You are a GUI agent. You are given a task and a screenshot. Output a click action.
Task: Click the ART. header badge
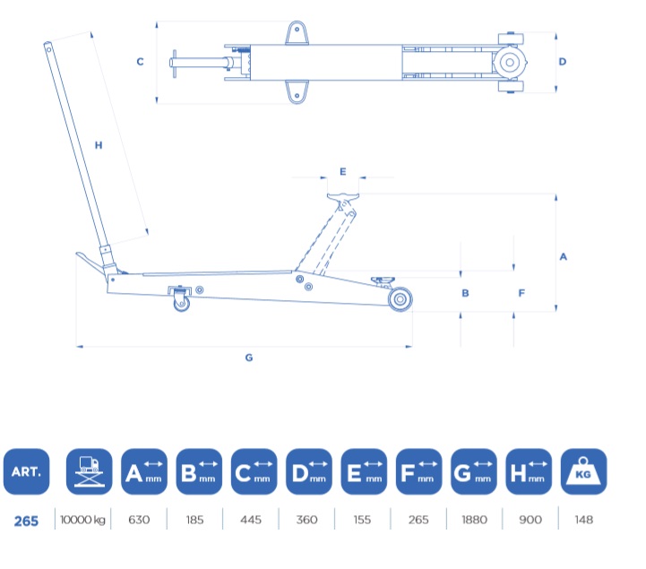26,471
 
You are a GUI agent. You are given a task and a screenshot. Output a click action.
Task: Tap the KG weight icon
583,471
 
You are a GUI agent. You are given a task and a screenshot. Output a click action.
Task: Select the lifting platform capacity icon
89,471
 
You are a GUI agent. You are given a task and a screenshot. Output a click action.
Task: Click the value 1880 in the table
474,520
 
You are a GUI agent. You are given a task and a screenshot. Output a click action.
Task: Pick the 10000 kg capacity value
82,520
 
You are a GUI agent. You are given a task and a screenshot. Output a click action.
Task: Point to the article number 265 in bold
26,522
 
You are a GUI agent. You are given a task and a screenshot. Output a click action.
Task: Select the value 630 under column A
139,520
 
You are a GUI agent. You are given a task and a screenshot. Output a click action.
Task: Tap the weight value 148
584,520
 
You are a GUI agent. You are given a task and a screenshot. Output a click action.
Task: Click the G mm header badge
474,471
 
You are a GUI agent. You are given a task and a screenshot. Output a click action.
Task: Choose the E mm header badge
364,471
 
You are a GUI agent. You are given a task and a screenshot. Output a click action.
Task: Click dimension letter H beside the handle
99,145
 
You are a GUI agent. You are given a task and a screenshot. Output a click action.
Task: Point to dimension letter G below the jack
249,358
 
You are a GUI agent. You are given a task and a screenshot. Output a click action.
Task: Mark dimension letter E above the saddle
343,171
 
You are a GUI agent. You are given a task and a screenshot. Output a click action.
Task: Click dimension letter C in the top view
140,62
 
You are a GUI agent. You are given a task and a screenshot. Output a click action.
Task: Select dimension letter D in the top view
563,62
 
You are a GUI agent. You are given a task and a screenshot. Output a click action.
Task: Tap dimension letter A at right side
564,256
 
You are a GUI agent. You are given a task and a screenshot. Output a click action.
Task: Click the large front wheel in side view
400,299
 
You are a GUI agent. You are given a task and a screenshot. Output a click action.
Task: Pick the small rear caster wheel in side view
181,303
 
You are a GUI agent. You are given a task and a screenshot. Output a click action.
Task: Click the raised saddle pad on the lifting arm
343,197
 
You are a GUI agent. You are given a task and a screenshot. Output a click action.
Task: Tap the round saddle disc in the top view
510,62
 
